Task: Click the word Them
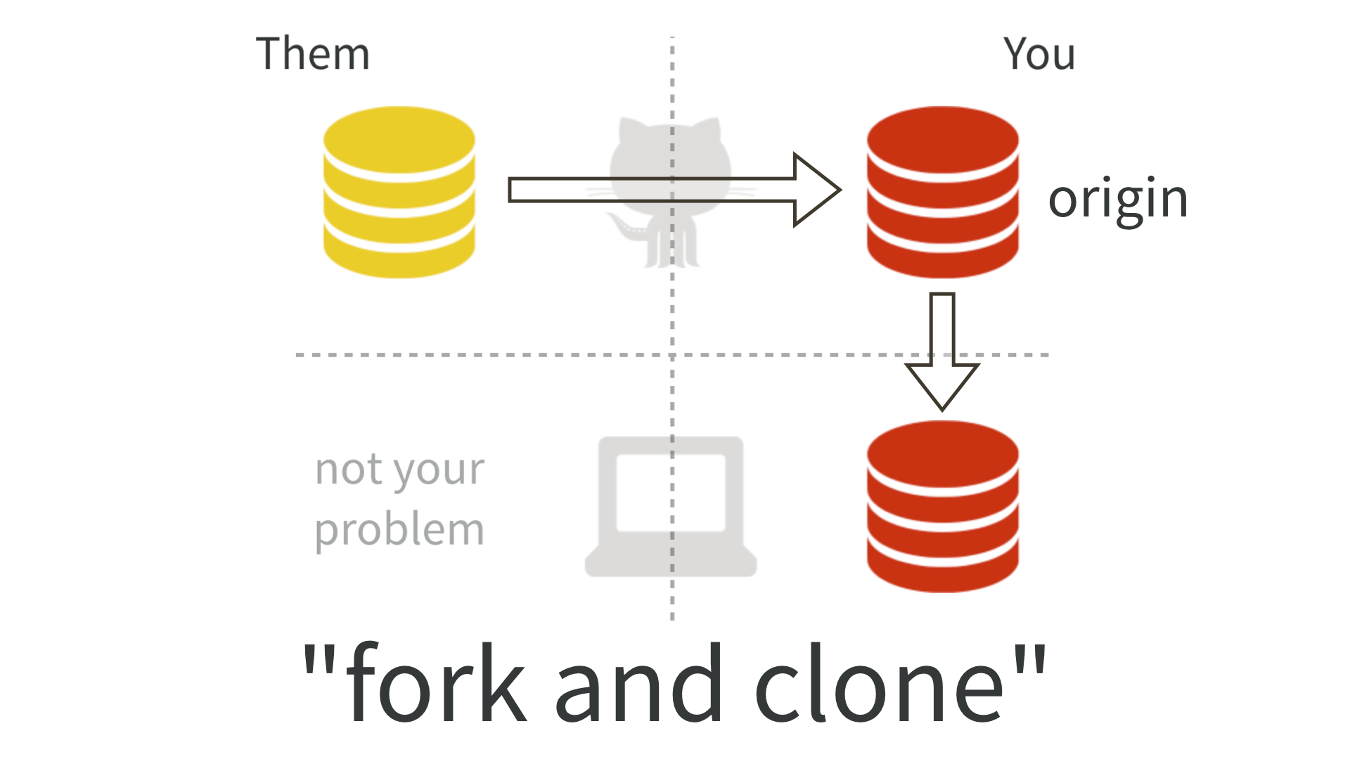pyautogui.click(x=312, y=54)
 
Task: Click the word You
pyautogui.click(x=1039, y=54)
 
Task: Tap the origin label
pyautogui.click(x=1117, y=199)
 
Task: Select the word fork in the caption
pyautogui.click(x=436, y=685)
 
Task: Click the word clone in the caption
pyautogui.click(x=879, y=685)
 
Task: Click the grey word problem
pyautogui.click(x=399, y=531)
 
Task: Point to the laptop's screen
pyautogui.click(x=671, y=492)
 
